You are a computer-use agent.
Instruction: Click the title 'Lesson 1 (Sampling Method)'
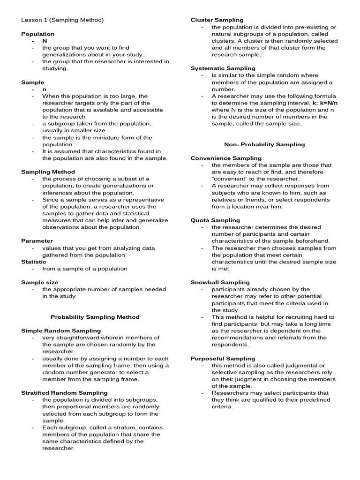[x=62, y=20]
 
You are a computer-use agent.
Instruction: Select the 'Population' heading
[x=38, y=34]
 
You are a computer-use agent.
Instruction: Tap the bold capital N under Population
[x=45, y=41]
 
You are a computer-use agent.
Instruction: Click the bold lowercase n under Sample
[x=45, y=89]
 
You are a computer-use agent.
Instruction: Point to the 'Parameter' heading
[x=37, y=241]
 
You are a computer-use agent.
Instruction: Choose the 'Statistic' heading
[x=34, y=262]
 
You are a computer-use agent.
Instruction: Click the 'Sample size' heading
[x=40, y=282]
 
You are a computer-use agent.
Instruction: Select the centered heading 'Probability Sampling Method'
[x=95, y=317]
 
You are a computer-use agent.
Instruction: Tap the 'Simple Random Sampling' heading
[x=61, y=330]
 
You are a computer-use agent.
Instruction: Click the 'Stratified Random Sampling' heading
[x=64, y=392]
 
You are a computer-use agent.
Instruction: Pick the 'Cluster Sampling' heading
[x=217, y=20]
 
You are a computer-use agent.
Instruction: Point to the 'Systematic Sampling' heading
[x=221, y=68]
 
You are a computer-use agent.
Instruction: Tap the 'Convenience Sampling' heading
[x=226, y=158]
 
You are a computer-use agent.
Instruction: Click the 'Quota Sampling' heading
[x=215, y=220]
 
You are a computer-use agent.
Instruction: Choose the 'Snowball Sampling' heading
[x=220, y=282]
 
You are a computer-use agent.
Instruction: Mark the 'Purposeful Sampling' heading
[x=223, y=358]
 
